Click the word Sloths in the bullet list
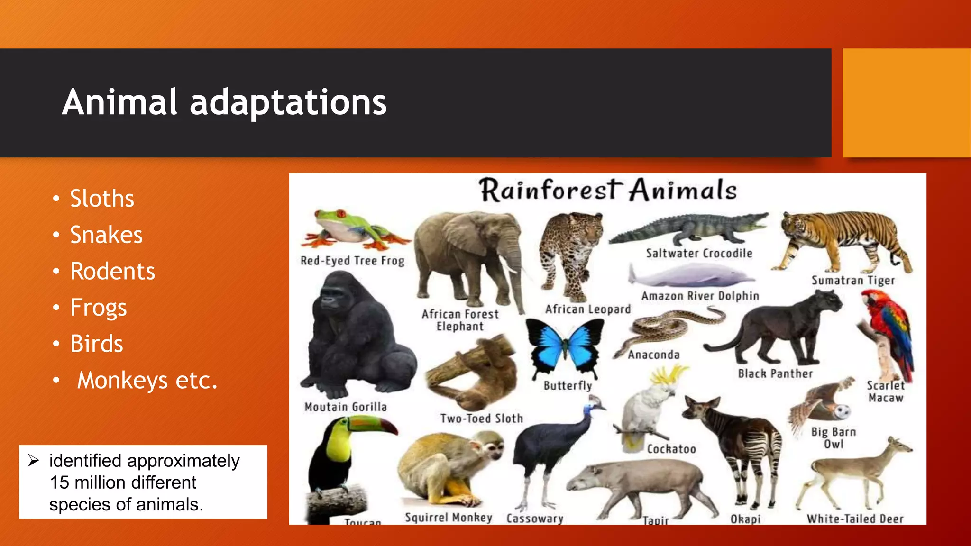click(x=102, y=198)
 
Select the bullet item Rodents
click(x=112, y=271)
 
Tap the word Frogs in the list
click(x=98, y=308)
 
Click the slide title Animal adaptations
click(x=224, y=102)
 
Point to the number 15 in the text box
click(x=59, y=482)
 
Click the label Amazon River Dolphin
click(x=700, y=296)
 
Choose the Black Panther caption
click(x=775, y=374)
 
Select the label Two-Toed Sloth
click(x=481, y=419)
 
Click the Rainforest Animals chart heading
click(x=607, y=190)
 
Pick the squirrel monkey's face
click(x=490, y=448)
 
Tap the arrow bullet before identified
click(x=33, y=460)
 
